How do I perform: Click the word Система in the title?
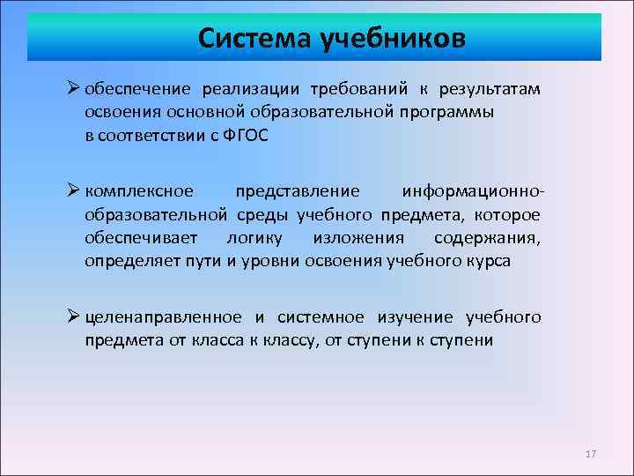point(253,39)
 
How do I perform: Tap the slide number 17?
point(590,454)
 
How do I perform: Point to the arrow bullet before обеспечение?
point(73,89)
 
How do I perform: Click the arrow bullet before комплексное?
point(73,191)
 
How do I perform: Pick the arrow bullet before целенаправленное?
point(73,316)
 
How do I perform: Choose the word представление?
point(298,191)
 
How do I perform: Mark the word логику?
point(255,238)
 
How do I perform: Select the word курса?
point(490,261)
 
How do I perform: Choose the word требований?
point(356,89)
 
